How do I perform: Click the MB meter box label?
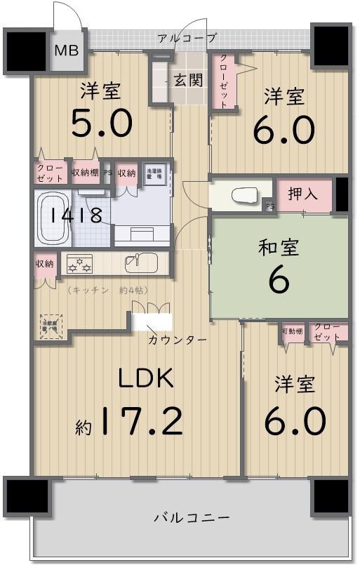[67, 51]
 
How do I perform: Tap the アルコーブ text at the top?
[187, 38]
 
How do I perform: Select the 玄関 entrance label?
[188, 79]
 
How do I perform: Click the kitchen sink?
[140, 264]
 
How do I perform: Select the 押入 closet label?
[302, 194]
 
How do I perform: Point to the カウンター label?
[177, 340]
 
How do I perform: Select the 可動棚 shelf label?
[293, 330]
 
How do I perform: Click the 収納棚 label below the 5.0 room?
[85, 173]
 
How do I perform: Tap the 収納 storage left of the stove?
[44, 265]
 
